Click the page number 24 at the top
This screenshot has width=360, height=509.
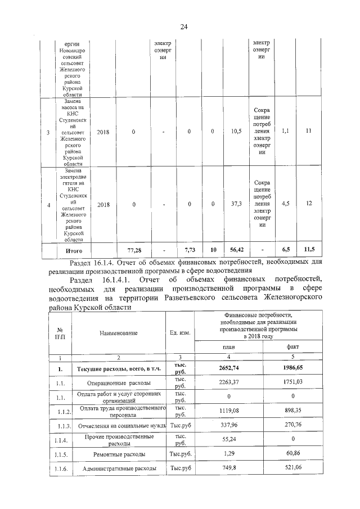(183, 26)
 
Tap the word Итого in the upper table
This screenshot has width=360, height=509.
(75, 249)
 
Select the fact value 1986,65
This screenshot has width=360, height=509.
(296, 368)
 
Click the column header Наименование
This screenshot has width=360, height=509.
(119, 333)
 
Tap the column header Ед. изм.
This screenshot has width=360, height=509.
(180, 333)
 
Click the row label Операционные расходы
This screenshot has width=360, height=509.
(119, 382)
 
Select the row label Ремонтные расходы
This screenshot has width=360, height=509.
(119, 453)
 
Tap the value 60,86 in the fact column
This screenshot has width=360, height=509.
(296, 453)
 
